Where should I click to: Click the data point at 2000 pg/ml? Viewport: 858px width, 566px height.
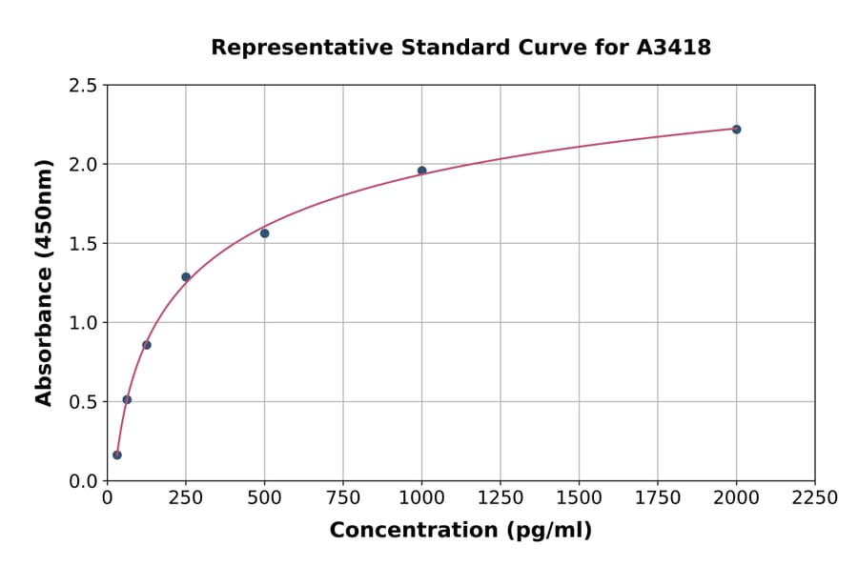click(x=736, y=130)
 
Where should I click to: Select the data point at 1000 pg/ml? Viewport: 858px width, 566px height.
click(x=421, y=171)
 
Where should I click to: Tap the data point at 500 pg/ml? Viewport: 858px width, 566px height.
click(x=264, y=233)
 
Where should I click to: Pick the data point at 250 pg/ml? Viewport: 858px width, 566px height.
click(x=186, y=277)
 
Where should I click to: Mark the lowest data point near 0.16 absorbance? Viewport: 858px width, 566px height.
click(x=117, y=455)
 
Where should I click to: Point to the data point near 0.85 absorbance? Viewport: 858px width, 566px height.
click(x=147, y=345)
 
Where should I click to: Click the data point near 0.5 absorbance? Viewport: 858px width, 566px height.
click(x=127, y=400)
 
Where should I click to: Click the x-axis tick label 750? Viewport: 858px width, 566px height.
click(x=343, y=498)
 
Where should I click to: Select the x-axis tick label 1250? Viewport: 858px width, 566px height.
click(x=500, y=498)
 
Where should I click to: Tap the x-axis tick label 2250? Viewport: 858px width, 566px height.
click(x=815, y=498)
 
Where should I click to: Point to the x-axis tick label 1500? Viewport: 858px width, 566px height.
click(x=579, y=498)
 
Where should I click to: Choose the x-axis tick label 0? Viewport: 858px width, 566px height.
click(x=107, y=498)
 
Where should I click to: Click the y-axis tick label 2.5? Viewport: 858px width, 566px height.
click(x=83, y=86)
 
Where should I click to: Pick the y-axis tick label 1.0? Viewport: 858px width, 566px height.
click(x=83, y=323)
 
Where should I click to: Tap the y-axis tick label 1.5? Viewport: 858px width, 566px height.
click(x=83, y=244)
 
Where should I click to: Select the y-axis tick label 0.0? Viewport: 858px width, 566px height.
click(x=83, y=481)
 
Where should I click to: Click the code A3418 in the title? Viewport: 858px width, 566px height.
click(x=674, y=48)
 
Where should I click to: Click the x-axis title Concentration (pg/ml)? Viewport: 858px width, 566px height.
click(x=460, y=531)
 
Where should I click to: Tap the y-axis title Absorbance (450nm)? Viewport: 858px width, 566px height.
click(x=44, y=282)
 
